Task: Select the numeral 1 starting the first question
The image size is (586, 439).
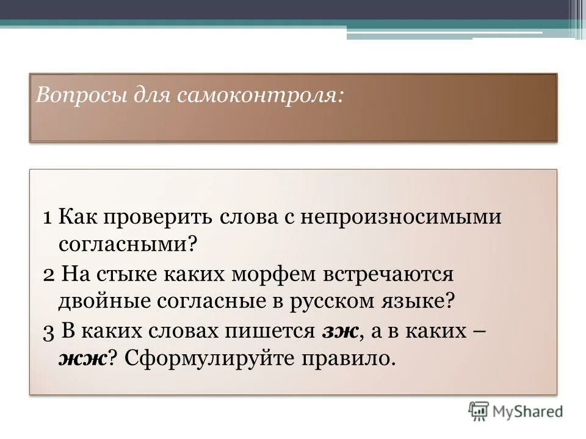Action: [x=48, y=218]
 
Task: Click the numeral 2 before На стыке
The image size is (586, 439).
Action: [x=49, y=274]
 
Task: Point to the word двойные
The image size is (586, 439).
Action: [x=106, y=301]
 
